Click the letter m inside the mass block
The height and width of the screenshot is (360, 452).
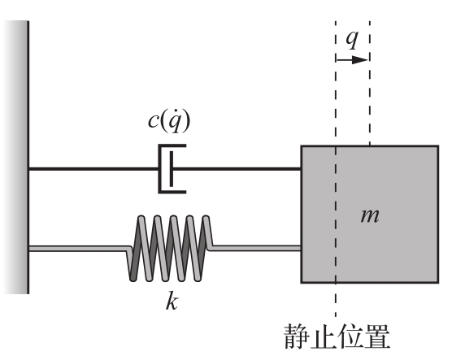point(370,215)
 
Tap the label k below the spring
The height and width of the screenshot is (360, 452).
point(172,301)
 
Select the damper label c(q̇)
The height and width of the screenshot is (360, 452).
point(169,122)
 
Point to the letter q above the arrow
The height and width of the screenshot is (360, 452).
point(352,39)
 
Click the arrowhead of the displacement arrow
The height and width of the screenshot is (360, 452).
point(360,60)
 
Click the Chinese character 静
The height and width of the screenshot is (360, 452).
point(297,336)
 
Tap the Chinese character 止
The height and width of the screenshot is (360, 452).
point(324,336)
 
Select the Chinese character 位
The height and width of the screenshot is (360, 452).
point(350,336)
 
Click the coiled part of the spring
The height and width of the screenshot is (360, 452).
point(170,248)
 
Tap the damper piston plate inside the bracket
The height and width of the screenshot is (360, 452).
point(172,168)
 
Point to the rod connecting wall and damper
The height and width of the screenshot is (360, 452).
point(93,168)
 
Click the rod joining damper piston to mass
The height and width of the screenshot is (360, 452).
point(237,168)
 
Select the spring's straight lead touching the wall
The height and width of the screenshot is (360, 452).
point(80,249)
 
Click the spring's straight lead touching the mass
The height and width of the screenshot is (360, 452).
point(254,248)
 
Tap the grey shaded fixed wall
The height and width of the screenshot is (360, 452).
point(16,158)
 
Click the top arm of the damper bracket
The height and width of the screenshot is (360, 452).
point(172,145)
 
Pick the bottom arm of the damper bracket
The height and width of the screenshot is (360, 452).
point(172,192)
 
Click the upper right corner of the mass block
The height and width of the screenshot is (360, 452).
point(438,146)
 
